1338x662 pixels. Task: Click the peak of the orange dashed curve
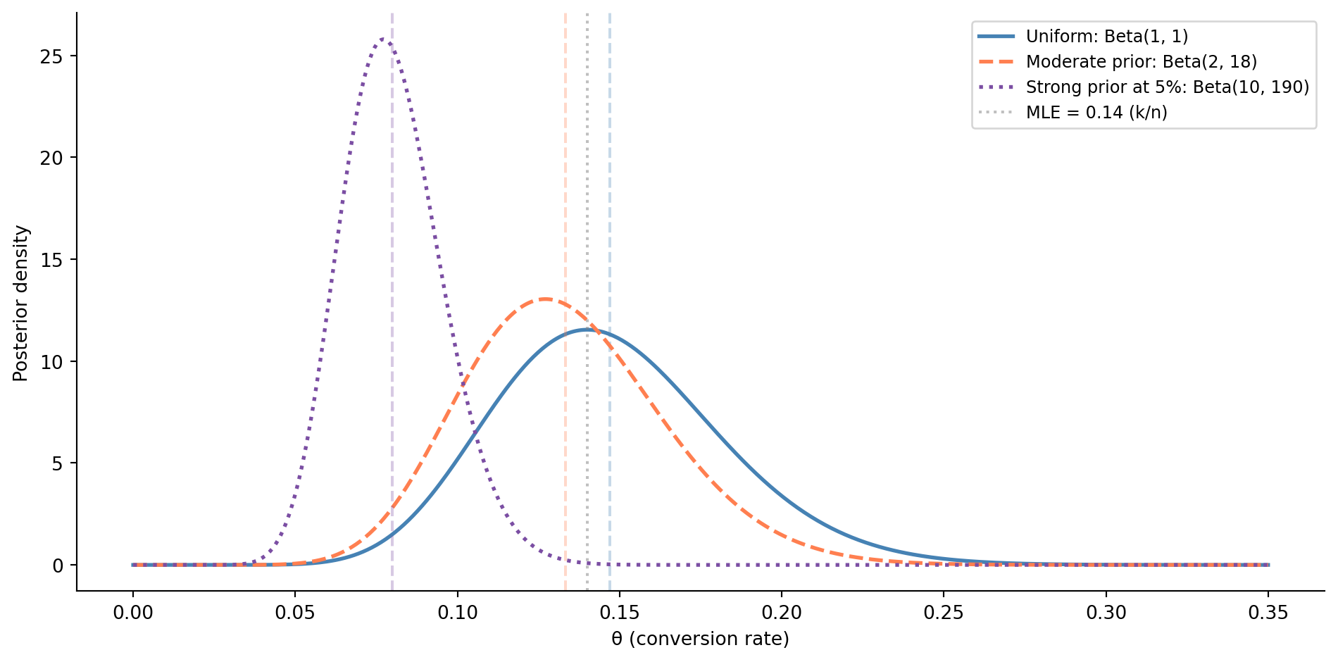click(x=544, y=299)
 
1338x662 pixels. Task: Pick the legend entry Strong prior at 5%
click(x=1167, y=87)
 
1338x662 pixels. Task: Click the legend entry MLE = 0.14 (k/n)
click(x=1096, y=112)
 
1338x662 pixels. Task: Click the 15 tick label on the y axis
click(x=51, y=260)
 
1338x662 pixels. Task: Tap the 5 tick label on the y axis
click(x=57, y=463)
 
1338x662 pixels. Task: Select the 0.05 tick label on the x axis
click(x=294, y=613)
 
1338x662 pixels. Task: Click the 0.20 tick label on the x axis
click(x=782, y=613)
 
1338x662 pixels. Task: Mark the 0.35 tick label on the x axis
click(x=1268, y=613)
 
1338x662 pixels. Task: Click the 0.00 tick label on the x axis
click(x=132, y=613)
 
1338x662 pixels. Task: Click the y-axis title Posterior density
click(x=21, y=303)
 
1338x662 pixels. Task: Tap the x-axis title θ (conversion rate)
click(x=700, y=639)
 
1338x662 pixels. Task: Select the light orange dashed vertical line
click(x=565, y=176)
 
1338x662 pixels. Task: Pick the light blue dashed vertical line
click(x=610, y=176)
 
